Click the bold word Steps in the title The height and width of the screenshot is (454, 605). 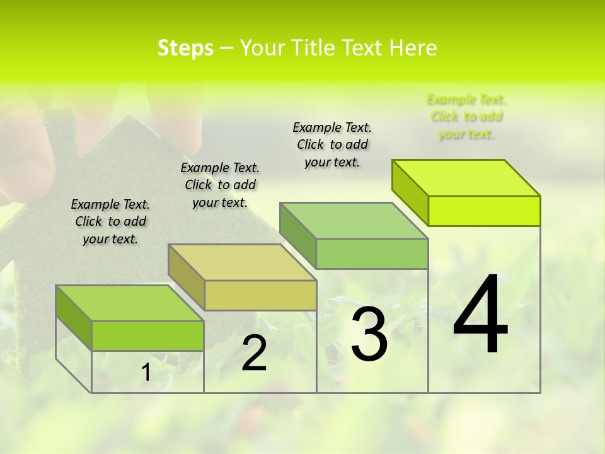(x=185, y=48)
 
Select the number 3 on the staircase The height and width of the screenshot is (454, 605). (x=369, y=334)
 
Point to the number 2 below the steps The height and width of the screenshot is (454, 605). (x=254, y=354)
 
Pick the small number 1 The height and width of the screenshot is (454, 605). (x=146, y=373)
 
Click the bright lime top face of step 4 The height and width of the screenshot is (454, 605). (x=466, y=178)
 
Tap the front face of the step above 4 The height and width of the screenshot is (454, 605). (x=484, y=211)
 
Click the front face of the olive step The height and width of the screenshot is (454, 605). (x=260, y=295)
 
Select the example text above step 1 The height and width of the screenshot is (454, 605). (x=110, y=221)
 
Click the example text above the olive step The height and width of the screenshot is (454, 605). (x=220, y=185)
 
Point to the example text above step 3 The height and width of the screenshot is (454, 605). (x=332, y=144)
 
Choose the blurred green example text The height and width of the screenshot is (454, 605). (x=466, y=117)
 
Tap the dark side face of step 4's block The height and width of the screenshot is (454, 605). (x=410, y=192)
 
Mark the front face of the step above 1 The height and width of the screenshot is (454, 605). (x=147, y=335)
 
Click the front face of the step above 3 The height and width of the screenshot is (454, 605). (x=372, y=253)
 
